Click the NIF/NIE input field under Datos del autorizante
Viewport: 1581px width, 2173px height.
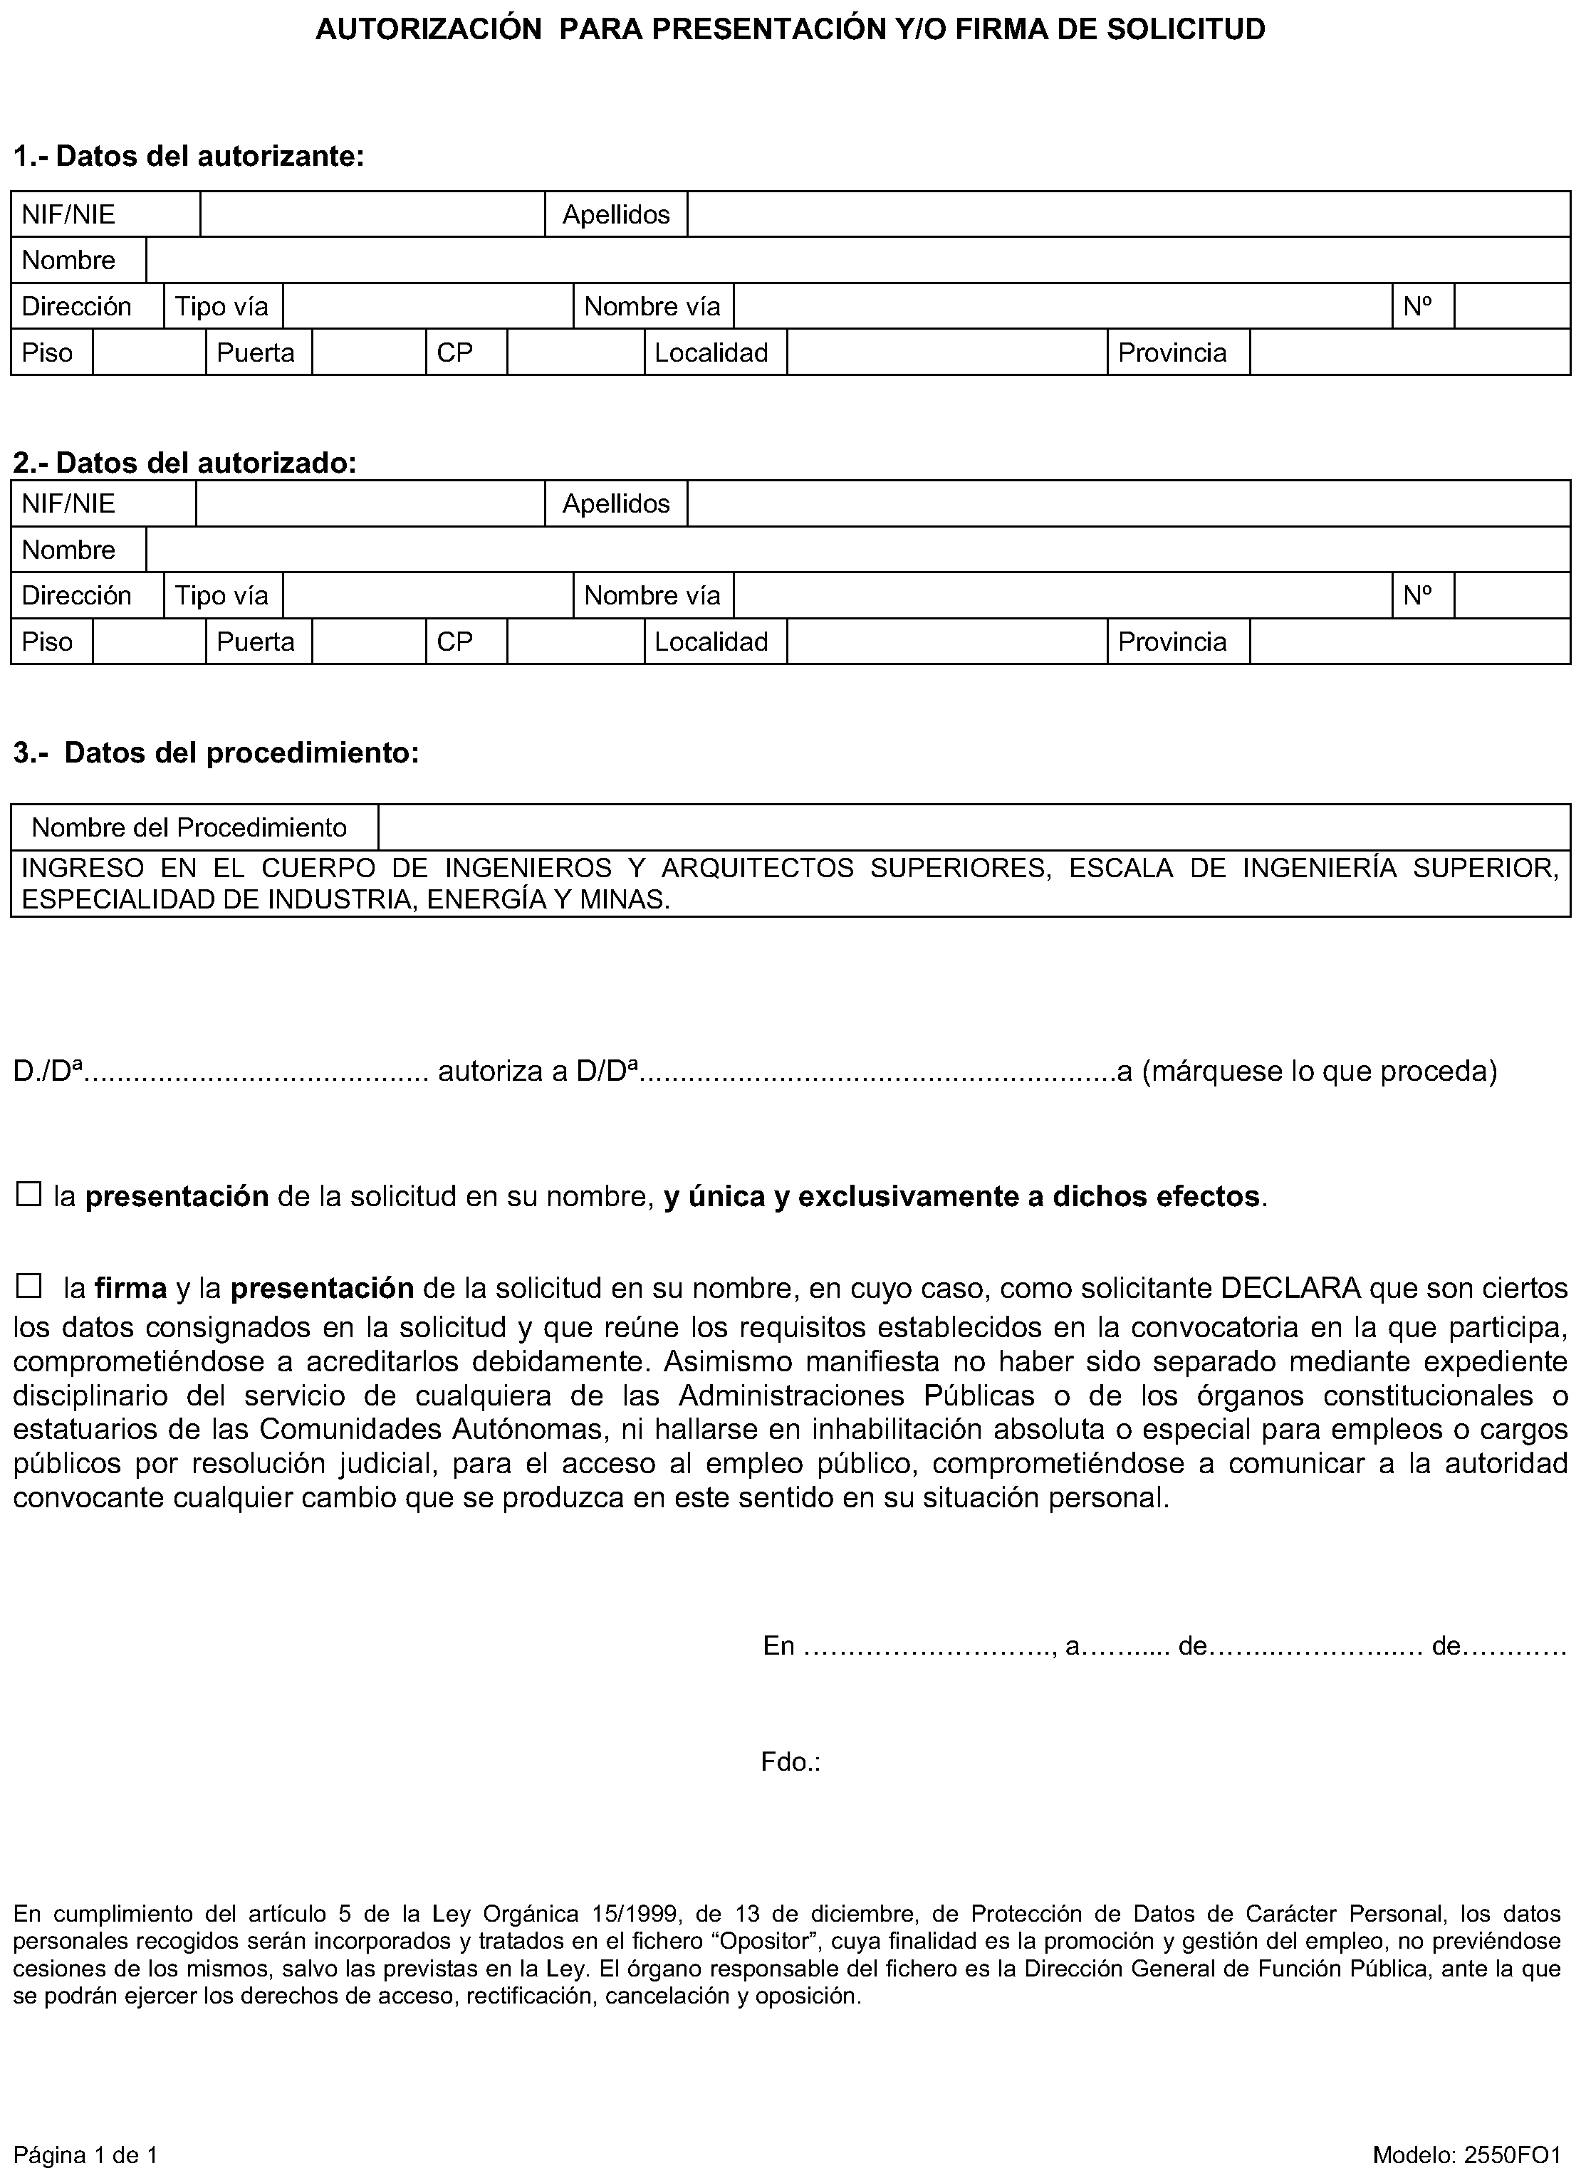[x=372, y=214]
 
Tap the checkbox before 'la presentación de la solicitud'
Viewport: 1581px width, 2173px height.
[x=28, y=1195]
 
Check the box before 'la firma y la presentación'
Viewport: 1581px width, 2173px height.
[x=28, y=1286]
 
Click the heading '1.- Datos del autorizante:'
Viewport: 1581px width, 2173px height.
[x=189, y=156]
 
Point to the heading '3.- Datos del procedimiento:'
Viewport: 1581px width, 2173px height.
[x=216, y=753]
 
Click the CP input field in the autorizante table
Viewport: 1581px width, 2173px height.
[x=575, y=352]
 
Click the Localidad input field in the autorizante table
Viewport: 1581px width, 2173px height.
[x=946, y=352]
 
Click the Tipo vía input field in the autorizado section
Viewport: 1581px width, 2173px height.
[x=427, y=596]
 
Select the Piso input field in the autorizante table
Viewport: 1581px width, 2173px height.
[x=149, y=352]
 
